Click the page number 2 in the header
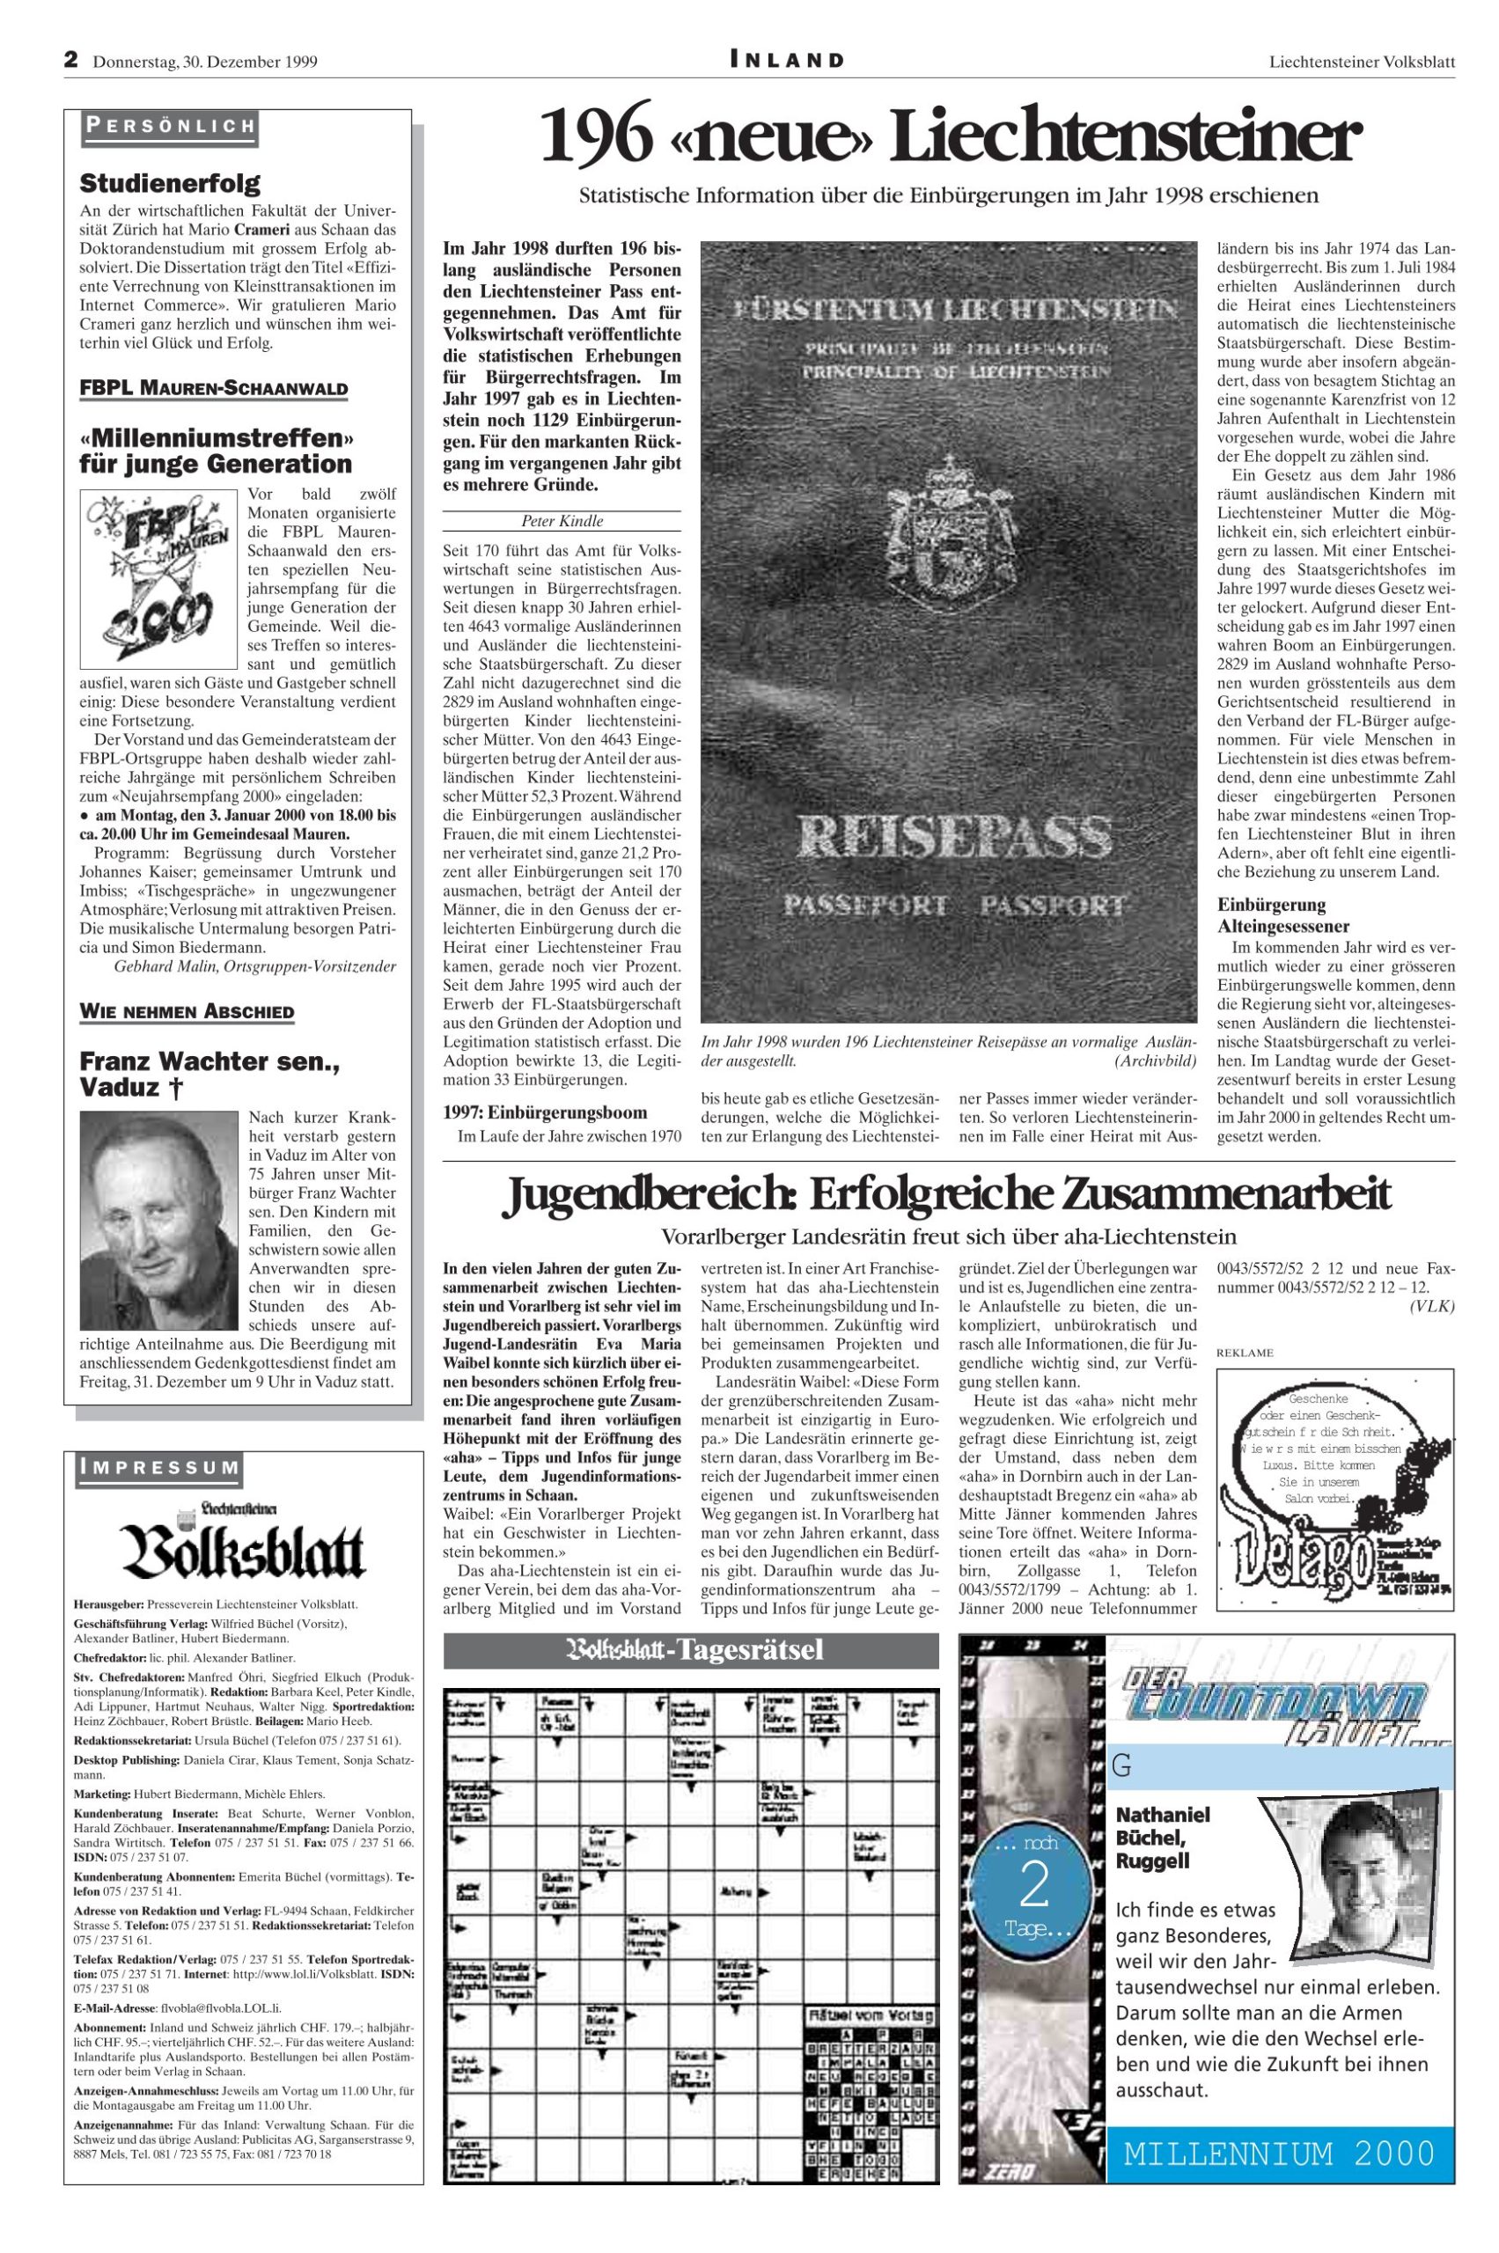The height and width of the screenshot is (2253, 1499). [x=70, y=59]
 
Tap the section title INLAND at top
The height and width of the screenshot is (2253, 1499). [x=787, y=60]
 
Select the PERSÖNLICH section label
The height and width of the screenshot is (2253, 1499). [x=169, y=125]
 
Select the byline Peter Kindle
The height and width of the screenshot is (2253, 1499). [x=562, y=521]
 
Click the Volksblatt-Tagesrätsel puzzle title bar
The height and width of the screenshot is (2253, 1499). [x=691, y=1651]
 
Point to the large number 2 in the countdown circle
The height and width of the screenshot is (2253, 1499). [x=1034, y=1886]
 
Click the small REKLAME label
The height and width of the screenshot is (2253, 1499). [x=1245, y=1353]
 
